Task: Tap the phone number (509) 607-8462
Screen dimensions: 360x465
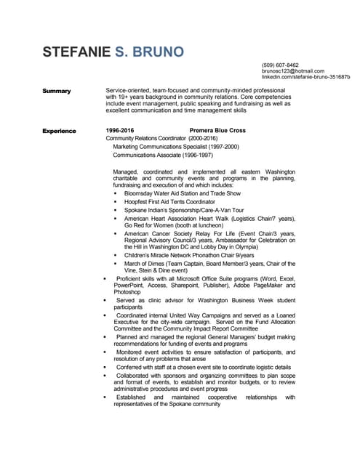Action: click(x=280, y=65)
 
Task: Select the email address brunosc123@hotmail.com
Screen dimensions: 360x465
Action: click(x=292, y=71)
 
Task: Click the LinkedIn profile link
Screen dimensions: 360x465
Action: click(x=305, y=77)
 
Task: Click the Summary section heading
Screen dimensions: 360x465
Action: click(x=57, y=91)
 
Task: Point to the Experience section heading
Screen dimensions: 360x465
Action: click(x=59, y=131)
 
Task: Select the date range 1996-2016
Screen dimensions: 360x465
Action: click(x=120, y=131)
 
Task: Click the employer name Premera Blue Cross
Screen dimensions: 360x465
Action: click(x=217, y=131)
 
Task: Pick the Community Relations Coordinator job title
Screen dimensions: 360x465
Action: click(x=146, y=138)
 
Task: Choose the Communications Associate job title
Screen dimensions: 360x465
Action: click(x=153, y=155)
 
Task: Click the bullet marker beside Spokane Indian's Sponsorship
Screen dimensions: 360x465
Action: click(x=115, y=211)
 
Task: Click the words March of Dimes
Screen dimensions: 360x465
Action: click(x=145, y=264)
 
